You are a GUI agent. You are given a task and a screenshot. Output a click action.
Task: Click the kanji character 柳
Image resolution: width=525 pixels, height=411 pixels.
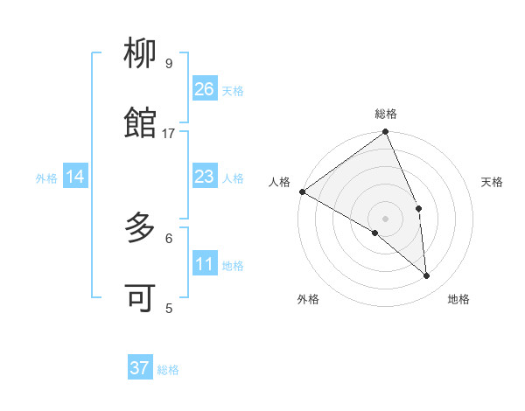tap(140, 55)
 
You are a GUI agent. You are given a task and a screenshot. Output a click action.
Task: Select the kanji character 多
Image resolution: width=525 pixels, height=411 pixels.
tap(140, 229)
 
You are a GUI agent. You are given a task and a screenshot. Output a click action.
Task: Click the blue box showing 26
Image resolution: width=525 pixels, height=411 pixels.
tap(205, 89)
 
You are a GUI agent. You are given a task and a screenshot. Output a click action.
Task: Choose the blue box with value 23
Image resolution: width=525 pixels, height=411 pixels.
tap(205, 178)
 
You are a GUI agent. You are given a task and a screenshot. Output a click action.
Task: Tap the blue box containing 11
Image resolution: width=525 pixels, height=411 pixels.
tap(205, 265)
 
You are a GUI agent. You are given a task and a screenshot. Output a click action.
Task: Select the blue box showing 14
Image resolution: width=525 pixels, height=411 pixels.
tap(75, 178)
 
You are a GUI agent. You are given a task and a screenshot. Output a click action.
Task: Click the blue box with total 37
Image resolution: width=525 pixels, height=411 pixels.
tap(140, 368)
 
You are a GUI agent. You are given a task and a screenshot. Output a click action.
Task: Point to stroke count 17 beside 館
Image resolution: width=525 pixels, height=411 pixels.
tap(169, 133)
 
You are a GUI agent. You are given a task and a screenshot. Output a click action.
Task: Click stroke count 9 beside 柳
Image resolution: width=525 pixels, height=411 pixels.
tap(169, 63)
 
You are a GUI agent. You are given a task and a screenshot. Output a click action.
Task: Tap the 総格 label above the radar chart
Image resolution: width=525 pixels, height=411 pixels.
tap(386, 114)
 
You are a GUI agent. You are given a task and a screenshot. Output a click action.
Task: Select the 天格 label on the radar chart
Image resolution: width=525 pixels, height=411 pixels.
tap(493, 182)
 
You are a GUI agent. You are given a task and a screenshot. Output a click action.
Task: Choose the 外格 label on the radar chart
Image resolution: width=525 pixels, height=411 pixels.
tap(308, 299)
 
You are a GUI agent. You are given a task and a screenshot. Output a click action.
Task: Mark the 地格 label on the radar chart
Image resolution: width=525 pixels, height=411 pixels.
tap(458, 299)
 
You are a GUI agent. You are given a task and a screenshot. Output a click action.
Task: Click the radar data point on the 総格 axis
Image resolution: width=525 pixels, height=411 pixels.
tap(386, 133)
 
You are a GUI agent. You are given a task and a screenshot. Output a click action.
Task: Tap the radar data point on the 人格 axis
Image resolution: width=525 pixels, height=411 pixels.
tap(302, 192)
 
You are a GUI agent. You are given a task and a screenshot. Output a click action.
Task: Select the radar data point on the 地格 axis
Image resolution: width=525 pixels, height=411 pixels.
tap(427, 275)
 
